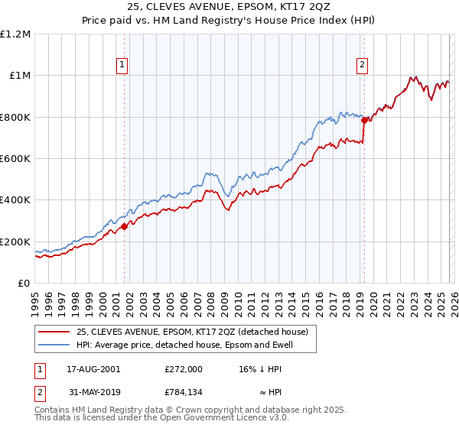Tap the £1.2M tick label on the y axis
[15, 34]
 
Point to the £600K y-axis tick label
[15, 159]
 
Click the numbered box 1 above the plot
[123, 66]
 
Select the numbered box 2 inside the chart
[362, 66]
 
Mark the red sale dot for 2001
[124, 226]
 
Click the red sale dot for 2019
[364, 119]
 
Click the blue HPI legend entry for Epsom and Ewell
[184, 345]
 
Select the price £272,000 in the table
[183, 368]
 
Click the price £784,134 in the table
[183, 394]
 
